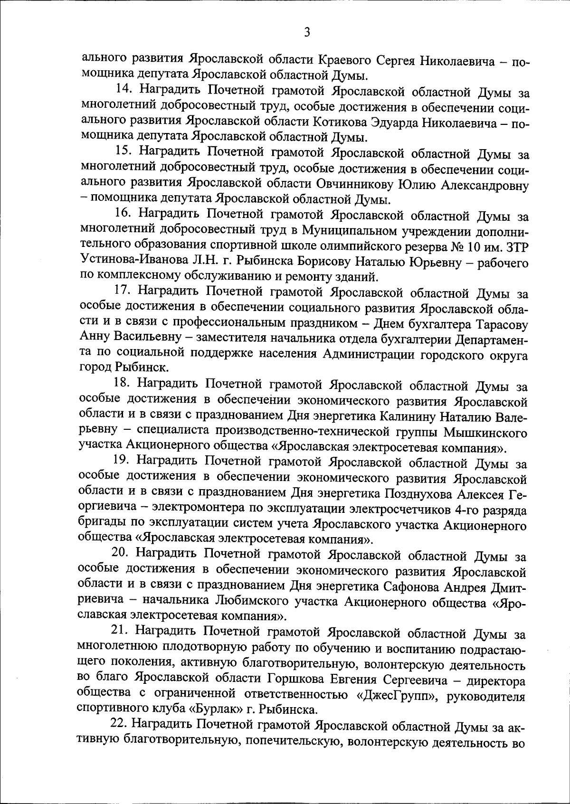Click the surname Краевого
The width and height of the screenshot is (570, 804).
343,60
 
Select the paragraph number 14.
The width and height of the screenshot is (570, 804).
125,90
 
